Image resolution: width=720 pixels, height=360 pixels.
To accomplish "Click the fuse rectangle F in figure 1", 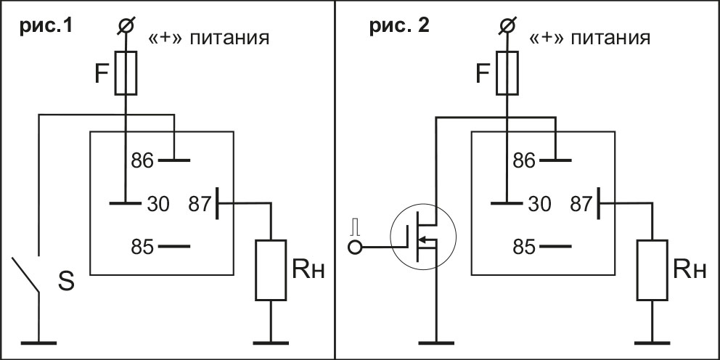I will click(x=126, y=73).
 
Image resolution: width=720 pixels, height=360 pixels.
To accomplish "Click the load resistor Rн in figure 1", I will click(x=271, y=270).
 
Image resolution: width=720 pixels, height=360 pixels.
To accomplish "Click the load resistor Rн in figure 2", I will click(x=652, y=270).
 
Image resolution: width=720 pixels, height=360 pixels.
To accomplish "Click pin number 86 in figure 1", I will click(x=142, y=160).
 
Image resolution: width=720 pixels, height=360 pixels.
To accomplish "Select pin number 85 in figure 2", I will click(x=524, y=247).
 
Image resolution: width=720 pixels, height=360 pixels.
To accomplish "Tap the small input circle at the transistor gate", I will click(x=356, y=248).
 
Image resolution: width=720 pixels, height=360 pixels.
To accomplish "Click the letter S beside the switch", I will click(x=65, y=282).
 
